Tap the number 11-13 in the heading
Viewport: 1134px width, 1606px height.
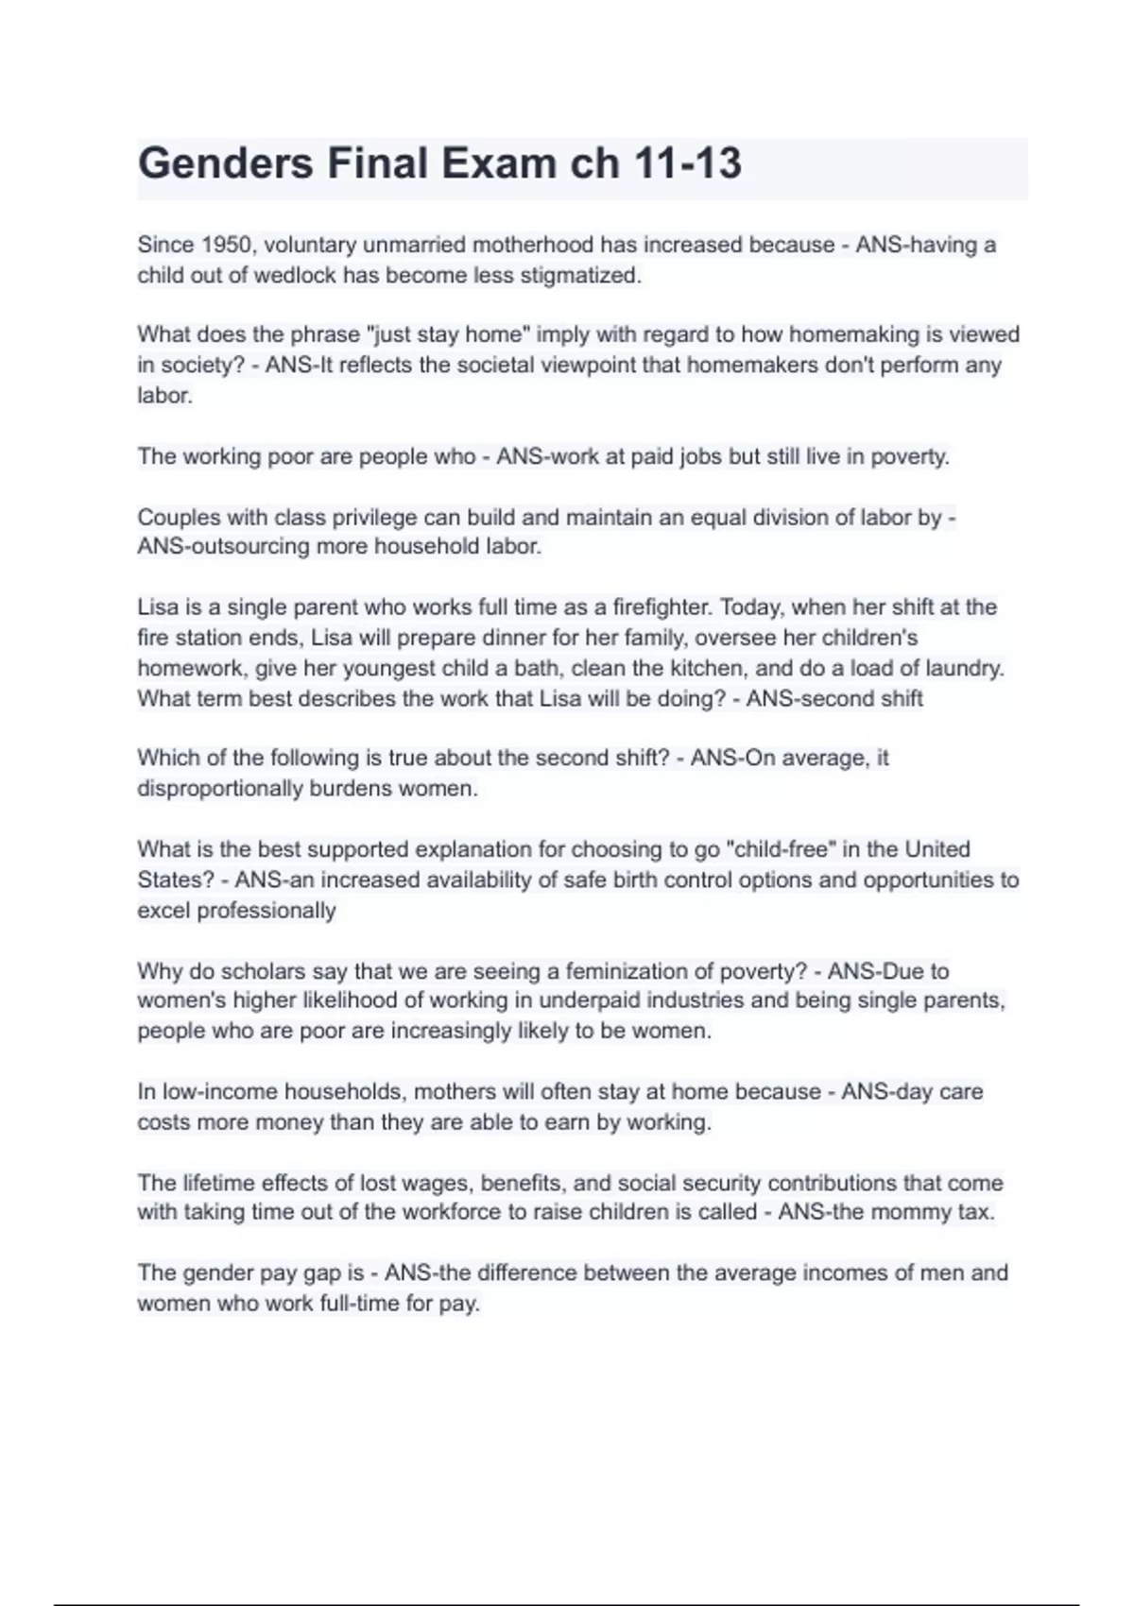pyautogui.click(x=689, y=163)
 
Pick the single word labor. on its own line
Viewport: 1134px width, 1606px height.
pyautogui.click(x=165, y=395)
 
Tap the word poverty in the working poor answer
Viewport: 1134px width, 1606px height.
pyautogui.click(x=909, y=456)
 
